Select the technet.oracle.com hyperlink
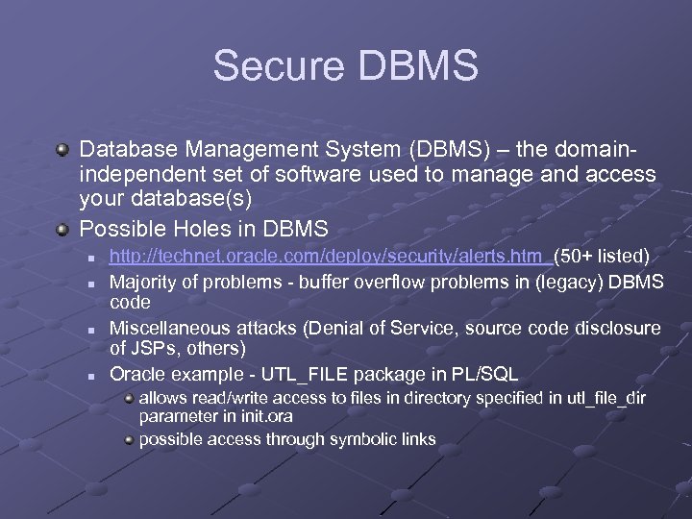[329, 256]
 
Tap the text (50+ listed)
[602, 256]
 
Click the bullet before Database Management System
[62, 150]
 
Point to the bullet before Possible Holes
[62, 230]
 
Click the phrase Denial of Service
[384, 327]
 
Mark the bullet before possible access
[128, 439]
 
